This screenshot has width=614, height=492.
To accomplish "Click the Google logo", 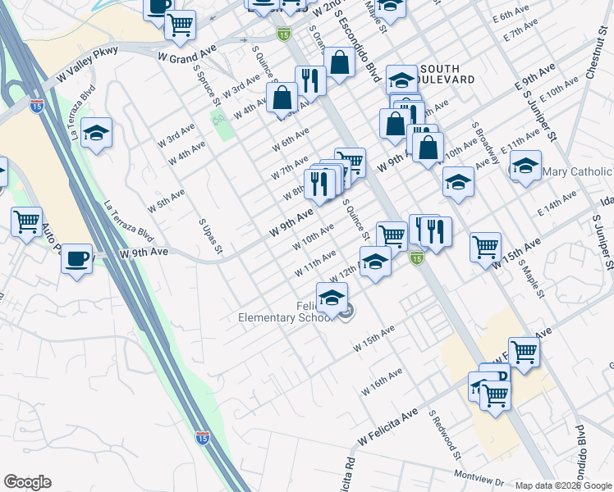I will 27,482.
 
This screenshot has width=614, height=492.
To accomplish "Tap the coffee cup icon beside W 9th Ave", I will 77,259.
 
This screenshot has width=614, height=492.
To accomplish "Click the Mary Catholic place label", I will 578,171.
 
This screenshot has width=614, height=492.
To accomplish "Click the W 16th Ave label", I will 386,378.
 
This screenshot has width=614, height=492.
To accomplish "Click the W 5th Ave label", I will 166,199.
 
